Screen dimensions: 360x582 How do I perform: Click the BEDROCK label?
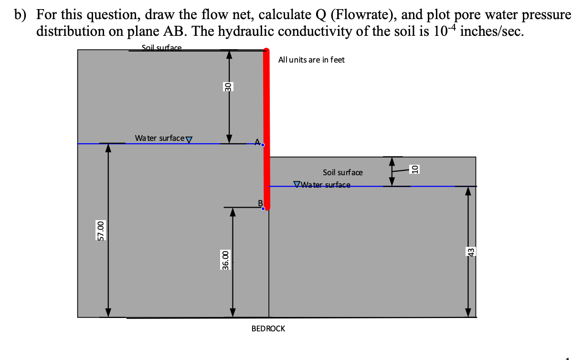[x=268, y=328]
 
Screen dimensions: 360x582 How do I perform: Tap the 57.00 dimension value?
[x=100, y=231]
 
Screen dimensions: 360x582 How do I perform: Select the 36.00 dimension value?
[x=225, y=260]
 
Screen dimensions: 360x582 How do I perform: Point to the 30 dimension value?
[x=228, y=87]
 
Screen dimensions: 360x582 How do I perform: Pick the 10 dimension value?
[x=415, y=169]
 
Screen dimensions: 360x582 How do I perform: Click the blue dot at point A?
[x=262, y=144]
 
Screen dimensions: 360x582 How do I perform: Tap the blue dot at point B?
[x=263, y=209]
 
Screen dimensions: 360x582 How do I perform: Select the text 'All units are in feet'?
[x=311, y=60]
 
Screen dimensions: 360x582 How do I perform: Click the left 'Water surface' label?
[x=159, y=138]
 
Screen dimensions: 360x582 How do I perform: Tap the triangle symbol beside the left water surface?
[x=188, y=139]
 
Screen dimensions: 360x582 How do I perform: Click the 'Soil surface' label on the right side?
[x=342, y=172]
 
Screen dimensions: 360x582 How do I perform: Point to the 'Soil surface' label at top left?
[x=161, y=47]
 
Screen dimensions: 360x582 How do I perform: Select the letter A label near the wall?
[x=257, y=142]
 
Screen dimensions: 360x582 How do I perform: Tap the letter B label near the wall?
[x=260, y=203]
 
